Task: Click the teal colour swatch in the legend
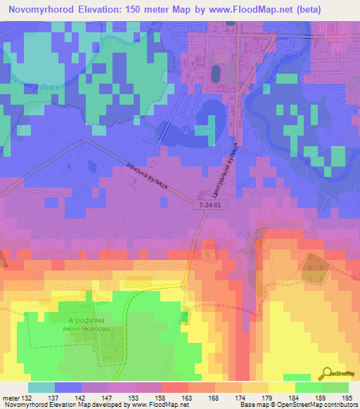(41, 387)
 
